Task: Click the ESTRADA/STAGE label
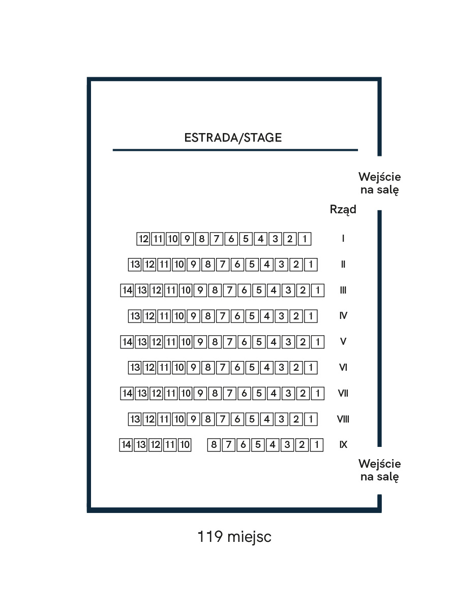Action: tap(233, 138)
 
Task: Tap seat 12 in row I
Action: tap(143, 239)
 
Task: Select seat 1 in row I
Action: tap(305, 239)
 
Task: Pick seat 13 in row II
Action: tap(135, 265)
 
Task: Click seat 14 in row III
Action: tap(127, 290)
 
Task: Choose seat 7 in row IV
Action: tap(223, 316)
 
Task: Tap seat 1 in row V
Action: tap(318, 342)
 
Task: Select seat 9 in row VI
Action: tap(193, 368)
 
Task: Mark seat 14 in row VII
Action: tap(127, 394)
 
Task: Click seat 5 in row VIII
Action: tap(252, 419)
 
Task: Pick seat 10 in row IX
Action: tap(185, 444)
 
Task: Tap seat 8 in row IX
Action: tap(214, 444)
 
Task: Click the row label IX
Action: tap(343, 444)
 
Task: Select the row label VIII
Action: tap(343, 419)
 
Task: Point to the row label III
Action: tap(343, 290)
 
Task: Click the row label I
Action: tap(343, 239)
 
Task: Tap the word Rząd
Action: tap(343, 210)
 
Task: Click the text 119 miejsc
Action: tap(234, 536)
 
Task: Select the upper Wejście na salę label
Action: tap(379, 184)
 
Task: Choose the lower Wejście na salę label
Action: tap(379, 470)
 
